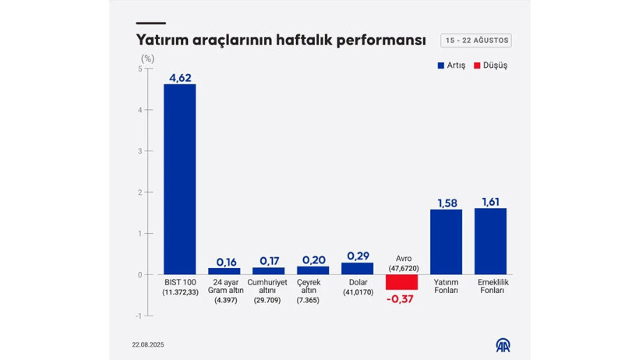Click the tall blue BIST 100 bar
point(179,179)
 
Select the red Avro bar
point(401,282)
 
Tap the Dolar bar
point(357,268)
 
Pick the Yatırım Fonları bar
point(446,242)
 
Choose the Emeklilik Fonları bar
point(490,241)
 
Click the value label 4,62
point(179,77)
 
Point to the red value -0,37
point(401,298)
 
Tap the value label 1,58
point(446,203)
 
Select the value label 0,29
point(357,255)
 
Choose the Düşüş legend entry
point(491,65)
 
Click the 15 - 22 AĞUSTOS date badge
point(475,41)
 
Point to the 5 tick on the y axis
point(139,69)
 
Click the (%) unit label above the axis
point(147,58)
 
